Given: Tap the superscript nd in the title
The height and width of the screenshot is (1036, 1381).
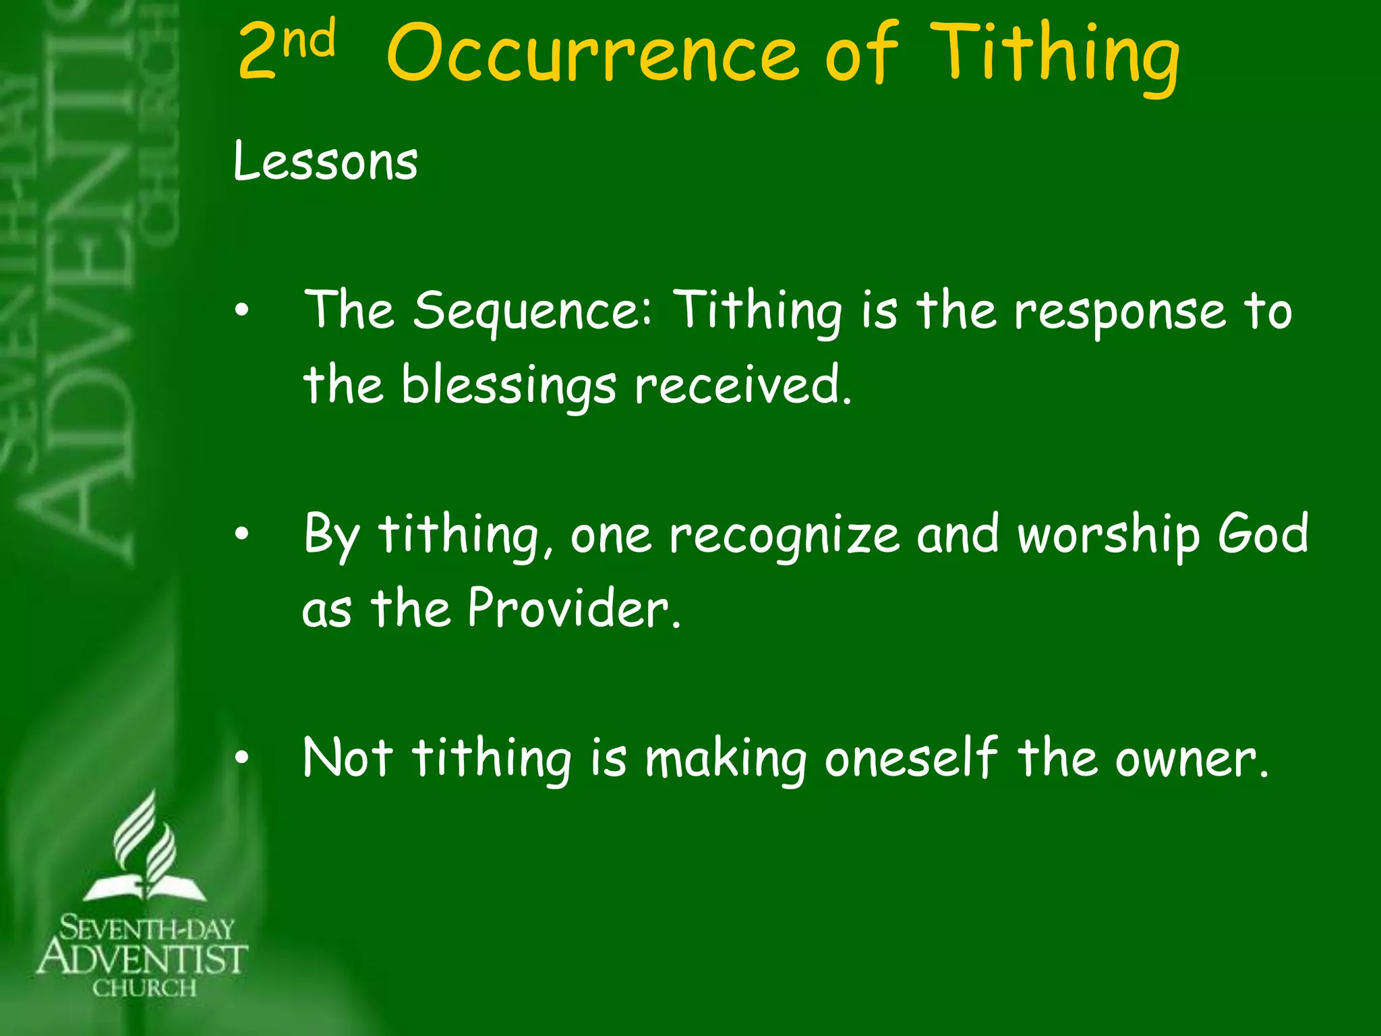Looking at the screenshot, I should pos(309,39).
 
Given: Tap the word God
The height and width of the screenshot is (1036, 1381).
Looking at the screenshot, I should pos(1262,533).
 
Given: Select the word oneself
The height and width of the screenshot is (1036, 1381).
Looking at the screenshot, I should pos(910,758).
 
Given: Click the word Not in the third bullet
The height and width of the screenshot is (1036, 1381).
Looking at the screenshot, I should pos(347,757).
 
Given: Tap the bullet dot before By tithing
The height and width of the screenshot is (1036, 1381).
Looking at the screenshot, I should pos(241,535).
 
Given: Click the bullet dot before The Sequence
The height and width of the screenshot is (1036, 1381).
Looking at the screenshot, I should pos(241,311).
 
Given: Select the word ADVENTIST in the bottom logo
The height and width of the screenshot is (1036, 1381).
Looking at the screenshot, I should pos(143,958).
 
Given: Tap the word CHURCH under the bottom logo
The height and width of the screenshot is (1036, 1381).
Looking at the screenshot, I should pos(144,989).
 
